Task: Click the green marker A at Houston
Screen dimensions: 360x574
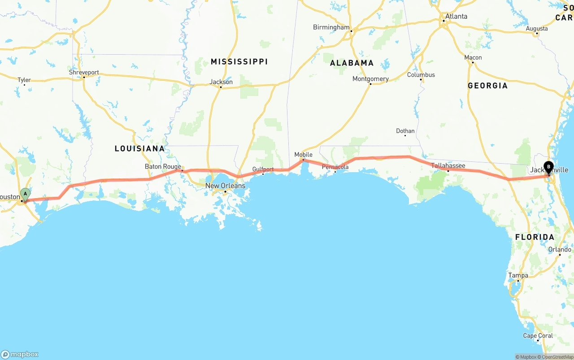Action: [x=26, y=195]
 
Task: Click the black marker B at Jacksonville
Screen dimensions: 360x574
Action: [x=548, y=167]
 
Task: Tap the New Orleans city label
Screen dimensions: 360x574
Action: [x=225, y=186]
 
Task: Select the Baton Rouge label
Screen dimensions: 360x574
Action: [x=163, y=166]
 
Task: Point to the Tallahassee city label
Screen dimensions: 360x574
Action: [x=448, y=165]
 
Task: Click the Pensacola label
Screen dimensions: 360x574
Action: [x=335, y=167]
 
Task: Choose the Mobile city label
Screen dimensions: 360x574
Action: [x=303, y=155]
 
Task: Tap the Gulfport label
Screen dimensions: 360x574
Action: [x=263, y=169]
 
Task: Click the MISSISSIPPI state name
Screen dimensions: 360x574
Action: [x=239, y=61]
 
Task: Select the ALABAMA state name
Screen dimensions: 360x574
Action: [x=352, y=63]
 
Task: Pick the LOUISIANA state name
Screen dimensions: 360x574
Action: [x=139, y=148]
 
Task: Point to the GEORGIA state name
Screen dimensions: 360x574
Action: [x=487, y=86]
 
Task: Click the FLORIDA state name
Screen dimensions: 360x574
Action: [x=535, y=237]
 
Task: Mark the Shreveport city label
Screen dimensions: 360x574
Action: [x=84, y=72]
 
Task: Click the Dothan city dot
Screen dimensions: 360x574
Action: [x=405, y=135]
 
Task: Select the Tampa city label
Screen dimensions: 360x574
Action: [x=518, y=275]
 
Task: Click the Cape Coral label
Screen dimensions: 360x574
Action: [x=538, y=335]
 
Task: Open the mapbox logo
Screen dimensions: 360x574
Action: [x=20, y=354]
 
